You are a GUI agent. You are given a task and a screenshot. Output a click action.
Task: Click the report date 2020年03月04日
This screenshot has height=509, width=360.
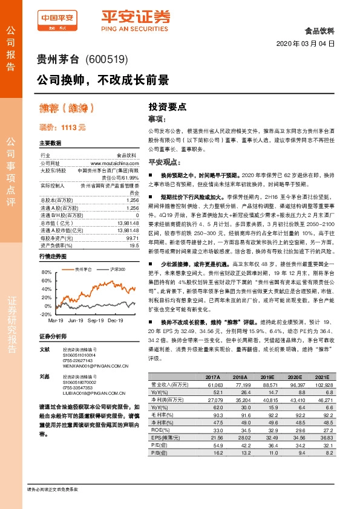306,44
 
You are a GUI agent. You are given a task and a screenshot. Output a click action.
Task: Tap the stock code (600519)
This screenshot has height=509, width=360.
107,59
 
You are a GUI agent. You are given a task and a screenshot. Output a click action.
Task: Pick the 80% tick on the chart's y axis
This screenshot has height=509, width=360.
46,273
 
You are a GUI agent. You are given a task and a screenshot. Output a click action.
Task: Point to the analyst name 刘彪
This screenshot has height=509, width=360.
44,377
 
